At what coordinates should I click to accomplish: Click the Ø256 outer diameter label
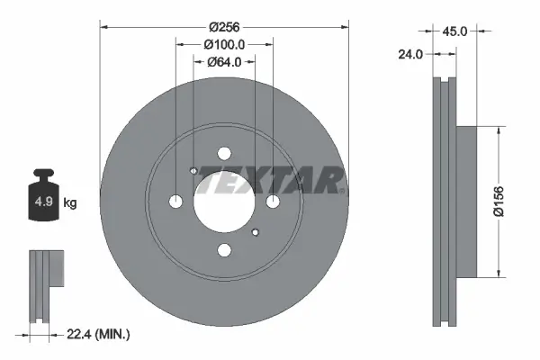coord(224,27)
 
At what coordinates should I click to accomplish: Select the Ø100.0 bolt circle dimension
coord(224,44)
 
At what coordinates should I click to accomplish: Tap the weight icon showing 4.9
coord(44,199)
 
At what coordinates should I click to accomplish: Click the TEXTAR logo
coord(271,180)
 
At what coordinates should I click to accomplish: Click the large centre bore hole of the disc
coord(224,200)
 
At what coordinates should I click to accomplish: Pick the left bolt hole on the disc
coord(176,201)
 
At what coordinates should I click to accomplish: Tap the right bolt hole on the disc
coord(273,201)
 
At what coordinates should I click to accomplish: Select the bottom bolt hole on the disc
coord(224,249)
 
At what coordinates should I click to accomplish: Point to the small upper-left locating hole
coord(194,171)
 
